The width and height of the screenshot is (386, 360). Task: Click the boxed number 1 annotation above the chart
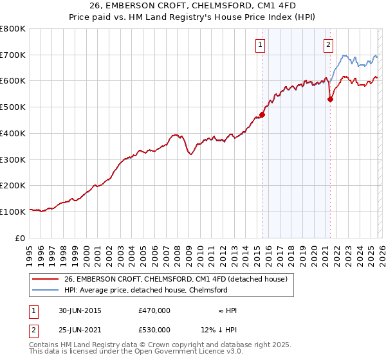[261, 44]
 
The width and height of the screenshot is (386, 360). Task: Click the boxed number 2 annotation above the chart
[329, 44]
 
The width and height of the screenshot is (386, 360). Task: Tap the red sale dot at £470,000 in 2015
[262, 115]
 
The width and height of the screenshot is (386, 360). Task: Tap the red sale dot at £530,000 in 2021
[330, 99]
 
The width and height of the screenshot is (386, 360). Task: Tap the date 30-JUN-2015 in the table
[79, 310]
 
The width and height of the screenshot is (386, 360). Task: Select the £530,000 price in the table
[154, 330]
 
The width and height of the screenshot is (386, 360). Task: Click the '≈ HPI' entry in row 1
[228, 310]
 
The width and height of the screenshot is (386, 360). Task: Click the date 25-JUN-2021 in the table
[79, 330]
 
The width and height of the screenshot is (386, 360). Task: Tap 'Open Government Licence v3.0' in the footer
[188, 352]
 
